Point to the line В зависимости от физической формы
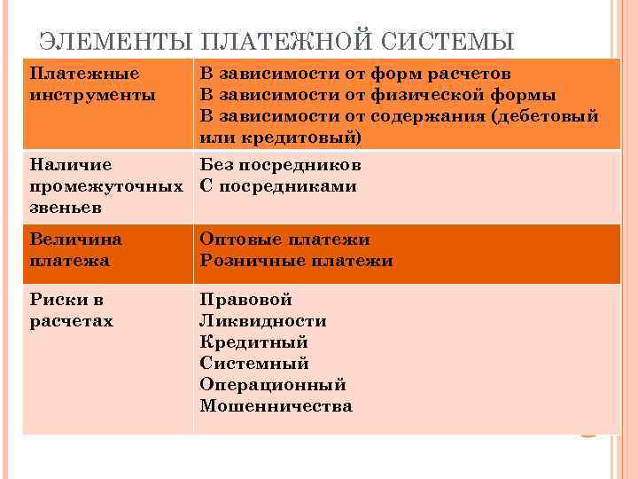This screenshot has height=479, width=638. (377, 94)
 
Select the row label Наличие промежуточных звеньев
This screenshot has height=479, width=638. (105, 186)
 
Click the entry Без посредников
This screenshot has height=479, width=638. (280, 165)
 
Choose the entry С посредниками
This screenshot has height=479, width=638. (278, 186)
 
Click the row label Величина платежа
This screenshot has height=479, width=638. (76, 249)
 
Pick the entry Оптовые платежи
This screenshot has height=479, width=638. (284, 239)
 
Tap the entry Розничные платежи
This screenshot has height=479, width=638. (296, 261)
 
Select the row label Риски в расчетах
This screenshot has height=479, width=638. (72, 310)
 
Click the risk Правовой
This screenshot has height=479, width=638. (245, 300)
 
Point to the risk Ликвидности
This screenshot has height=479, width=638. (263, 321)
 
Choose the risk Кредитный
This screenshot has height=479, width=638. (253, 342)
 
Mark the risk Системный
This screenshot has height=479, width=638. (254, 364)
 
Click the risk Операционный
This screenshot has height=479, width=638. (273, 385)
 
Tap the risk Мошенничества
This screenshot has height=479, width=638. (276, 406)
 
